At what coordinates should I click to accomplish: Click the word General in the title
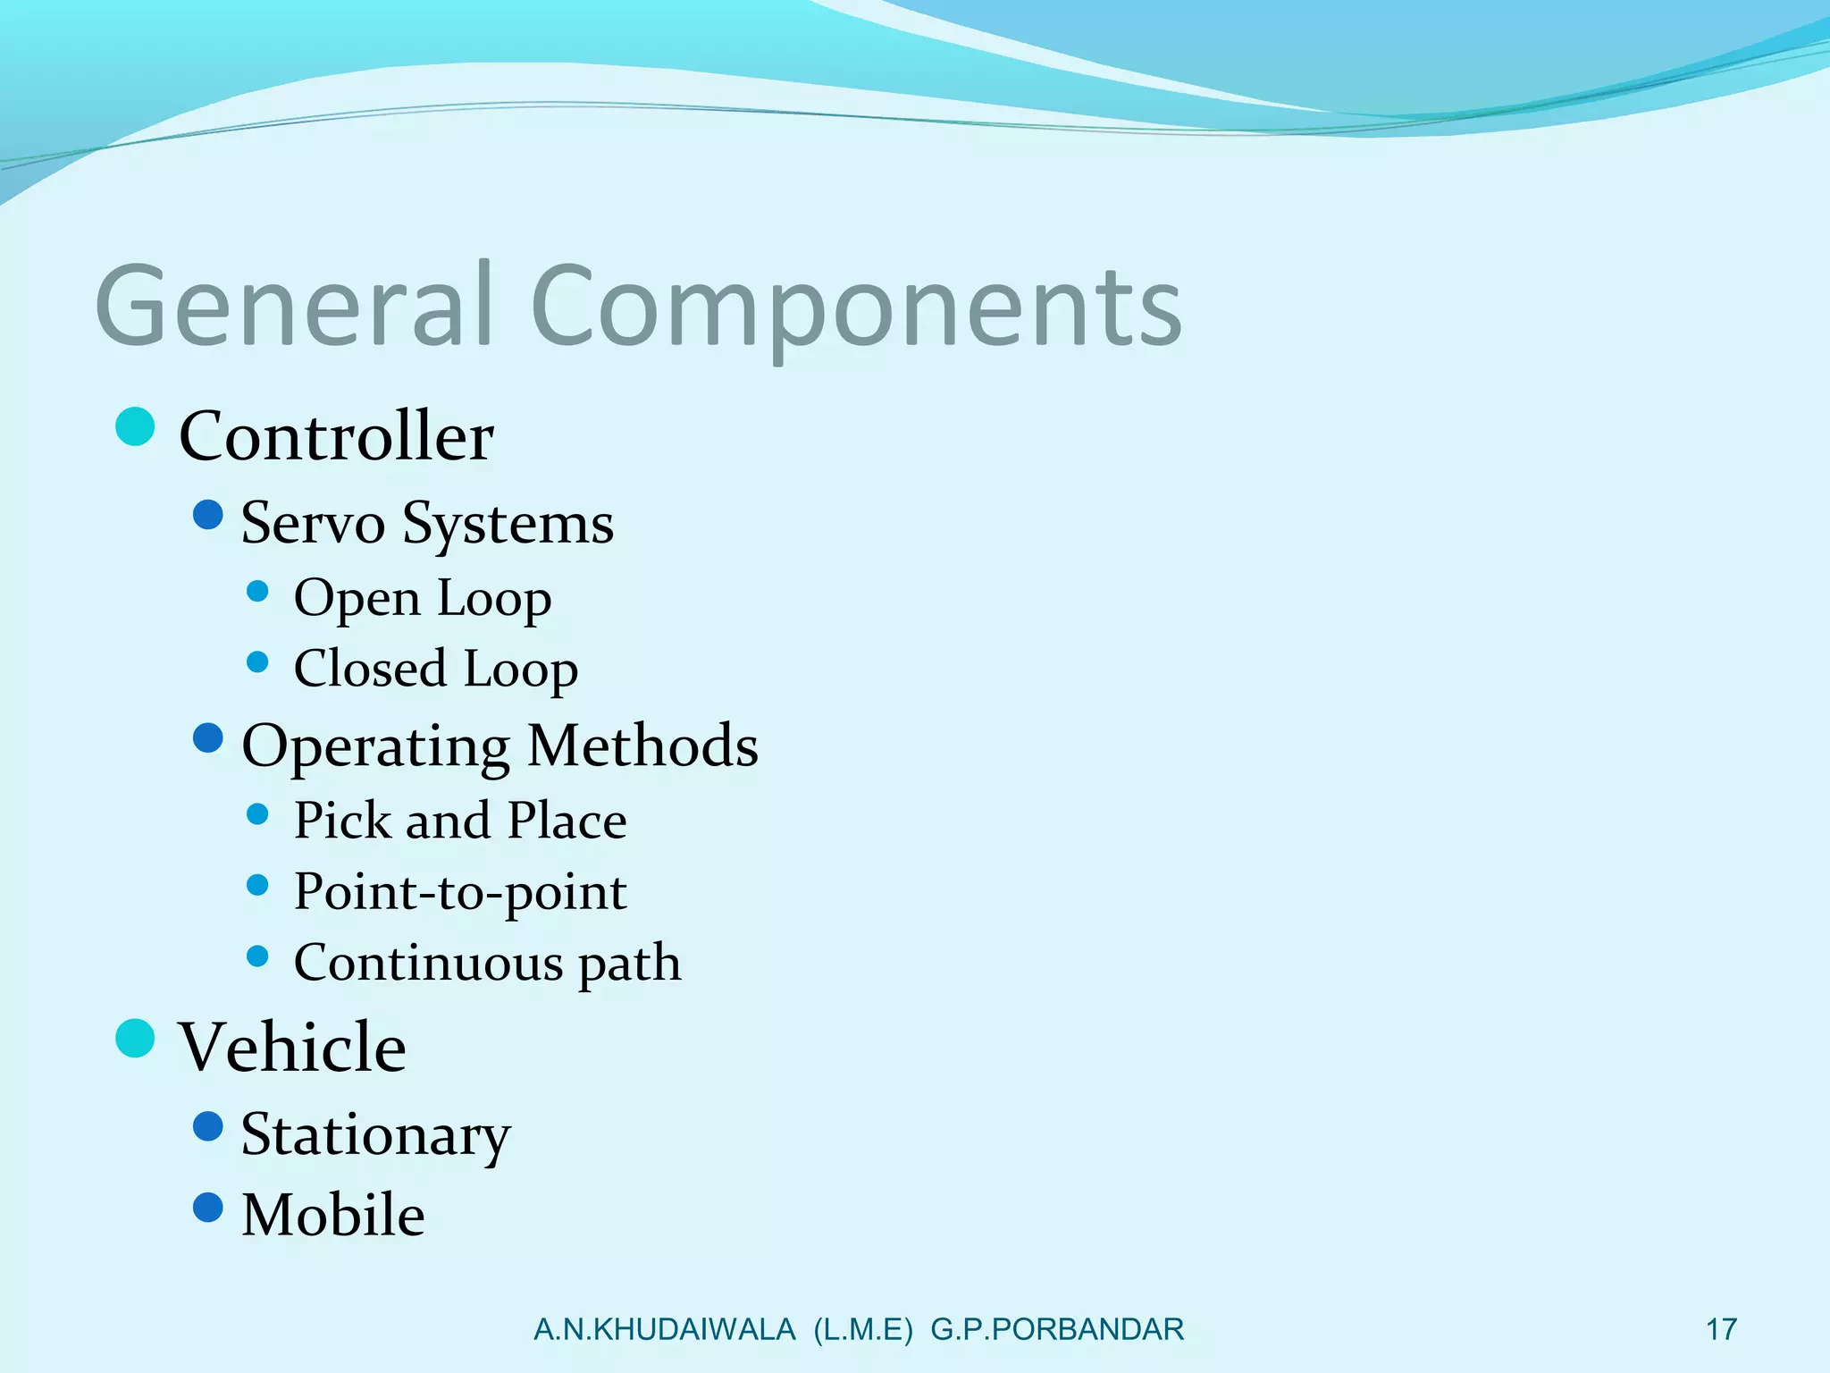point(295,306)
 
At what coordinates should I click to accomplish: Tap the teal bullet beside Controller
point(136,426)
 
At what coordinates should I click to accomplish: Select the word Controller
point(336,436)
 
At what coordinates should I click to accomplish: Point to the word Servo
point(313,523)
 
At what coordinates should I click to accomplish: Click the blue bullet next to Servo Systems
point(208,515)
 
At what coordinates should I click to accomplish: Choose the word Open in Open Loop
point(357,598)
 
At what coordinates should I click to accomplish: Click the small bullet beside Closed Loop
point(257,662)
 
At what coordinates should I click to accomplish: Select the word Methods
point(642,745)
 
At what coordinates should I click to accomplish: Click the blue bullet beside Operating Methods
point(208,738)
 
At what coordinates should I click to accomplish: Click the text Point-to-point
point(460,892)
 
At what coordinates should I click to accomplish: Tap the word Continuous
point(428,963)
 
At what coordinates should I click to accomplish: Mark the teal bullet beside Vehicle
point(136,1038)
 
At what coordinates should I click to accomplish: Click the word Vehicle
point(292,1047)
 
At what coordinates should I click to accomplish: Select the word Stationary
point(375,1135)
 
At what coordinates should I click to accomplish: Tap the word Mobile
point(332,1215)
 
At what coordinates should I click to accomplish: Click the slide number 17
point(1721,1329)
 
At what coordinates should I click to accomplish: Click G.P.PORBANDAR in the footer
point(1056,1329)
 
